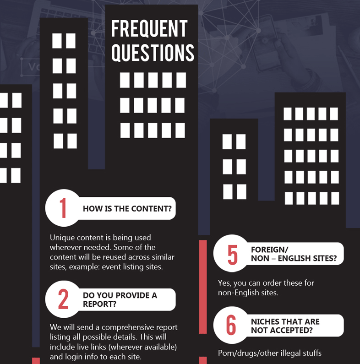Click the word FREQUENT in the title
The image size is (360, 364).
[149, 28]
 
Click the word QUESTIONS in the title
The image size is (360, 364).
[153, 53]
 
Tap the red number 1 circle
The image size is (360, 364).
[63, 208]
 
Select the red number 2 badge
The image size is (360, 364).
[63, 299]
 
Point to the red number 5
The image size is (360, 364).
[233, 255]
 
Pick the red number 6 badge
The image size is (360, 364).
[232, 325]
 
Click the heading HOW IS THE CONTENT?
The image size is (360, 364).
[127, 209]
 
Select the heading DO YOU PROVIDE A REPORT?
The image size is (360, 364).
[120, 299]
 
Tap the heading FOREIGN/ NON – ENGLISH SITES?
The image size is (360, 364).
[294, 254]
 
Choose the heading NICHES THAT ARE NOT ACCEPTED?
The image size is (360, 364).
[285, 326]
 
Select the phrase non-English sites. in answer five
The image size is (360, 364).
[248, 293]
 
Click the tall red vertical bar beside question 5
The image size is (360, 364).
[203, 287]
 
